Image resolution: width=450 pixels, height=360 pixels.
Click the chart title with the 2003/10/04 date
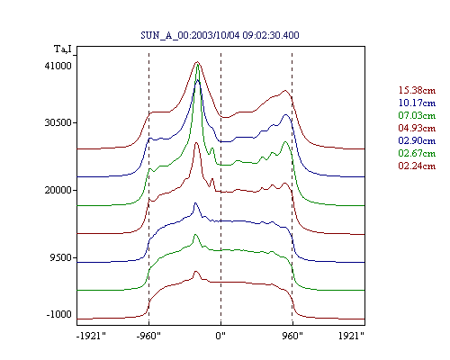(220, 35)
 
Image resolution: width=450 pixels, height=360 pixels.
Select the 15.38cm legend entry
(417, 90)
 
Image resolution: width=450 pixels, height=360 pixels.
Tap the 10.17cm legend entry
(417, 103)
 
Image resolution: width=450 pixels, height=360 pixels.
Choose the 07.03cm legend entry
(417, 115)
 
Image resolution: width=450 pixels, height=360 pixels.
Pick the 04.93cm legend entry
(417, 128)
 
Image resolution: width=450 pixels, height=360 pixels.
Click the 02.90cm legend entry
(417, 140)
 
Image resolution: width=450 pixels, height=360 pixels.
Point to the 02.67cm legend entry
(417, 153)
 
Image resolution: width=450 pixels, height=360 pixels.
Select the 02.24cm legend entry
(417, 166)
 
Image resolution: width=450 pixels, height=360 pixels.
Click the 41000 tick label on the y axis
(58, 66)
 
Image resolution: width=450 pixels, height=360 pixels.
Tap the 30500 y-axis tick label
(58, 122)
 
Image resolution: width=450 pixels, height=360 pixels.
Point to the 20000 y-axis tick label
(58, 190)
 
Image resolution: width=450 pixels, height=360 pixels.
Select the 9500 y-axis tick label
(61, 257)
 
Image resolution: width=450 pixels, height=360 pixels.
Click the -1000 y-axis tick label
(58, 314)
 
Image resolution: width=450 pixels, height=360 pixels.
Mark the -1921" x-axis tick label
(91, 336)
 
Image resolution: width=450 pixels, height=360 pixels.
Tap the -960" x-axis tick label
(148, 336)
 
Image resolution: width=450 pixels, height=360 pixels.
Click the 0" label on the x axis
(220, 336)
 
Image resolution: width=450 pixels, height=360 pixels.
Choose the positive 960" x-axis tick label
(292, 336)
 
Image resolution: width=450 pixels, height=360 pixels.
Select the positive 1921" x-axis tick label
(351, 336)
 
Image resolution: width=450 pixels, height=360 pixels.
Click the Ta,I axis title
(63, 49)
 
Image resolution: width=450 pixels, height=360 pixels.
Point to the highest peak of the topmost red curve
(197, 62)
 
